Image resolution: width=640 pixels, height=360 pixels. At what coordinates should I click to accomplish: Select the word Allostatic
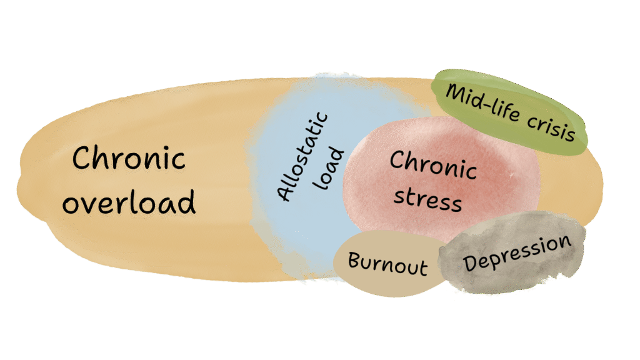(304, 156)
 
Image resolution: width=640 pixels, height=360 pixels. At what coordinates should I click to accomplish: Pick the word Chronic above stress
(433, 166)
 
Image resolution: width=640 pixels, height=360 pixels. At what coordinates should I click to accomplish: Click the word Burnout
(387, 263)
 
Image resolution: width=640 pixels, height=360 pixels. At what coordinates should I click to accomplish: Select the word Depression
(517, 253)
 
